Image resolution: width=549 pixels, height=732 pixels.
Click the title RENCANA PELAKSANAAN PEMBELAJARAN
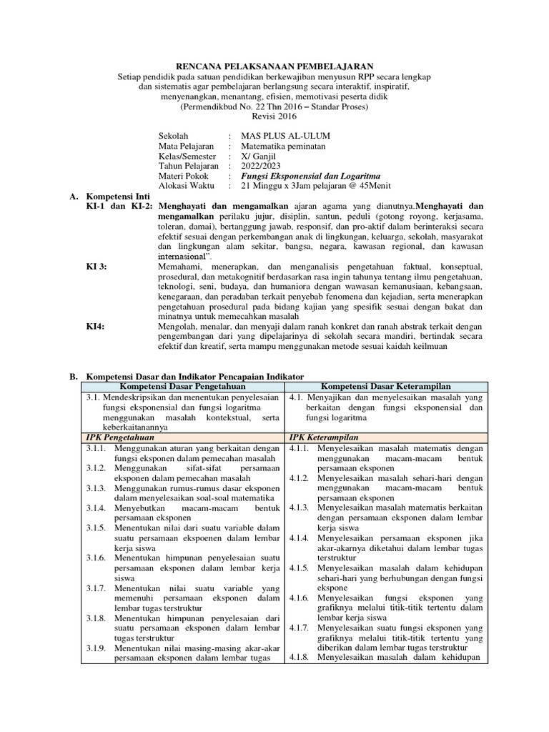274,65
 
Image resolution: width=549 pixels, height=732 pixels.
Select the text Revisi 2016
274,117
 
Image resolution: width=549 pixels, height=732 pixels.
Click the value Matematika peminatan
284,146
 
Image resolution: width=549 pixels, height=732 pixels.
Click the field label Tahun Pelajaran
189,166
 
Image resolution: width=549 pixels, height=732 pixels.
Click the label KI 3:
97,267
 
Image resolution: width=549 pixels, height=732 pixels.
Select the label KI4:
95,327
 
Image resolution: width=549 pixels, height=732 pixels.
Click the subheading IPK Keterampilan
324,437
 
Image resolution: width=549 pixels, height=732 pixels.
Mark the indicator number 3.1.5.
97,528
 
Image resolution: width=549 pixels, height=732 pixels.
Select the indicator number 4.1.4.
300,538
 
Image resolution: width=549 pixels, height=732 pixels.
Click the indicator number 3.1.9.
97,648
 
